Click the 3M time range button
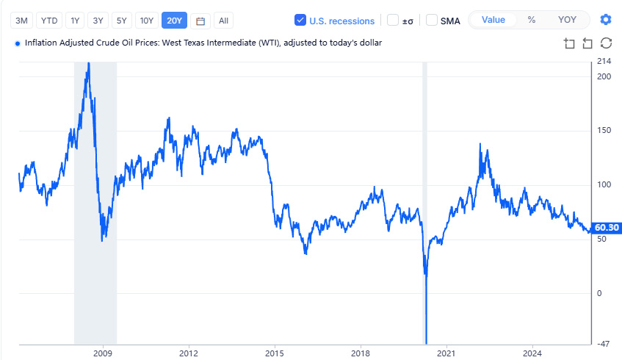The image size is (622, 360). click(x=22, y=21)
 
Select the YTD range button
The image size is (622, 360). click(x=49, y=21)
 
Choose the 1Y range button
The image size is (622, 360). click(x=75, y=21)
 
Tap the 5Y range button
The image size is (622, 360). click(x=122, y=21)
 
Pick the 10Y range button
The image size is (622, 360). click(x=147, y=21)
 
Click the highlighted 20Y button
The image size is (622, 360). click(x=175, y=21)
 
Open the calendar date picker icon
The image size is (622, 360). click(x=200, y=21)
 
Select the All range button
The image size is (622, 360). click(x=223, y=21)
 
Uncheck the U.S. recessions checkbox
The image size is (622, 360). click(x=300, y=21)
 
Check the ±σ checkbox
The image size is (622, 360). click(x=393, y=21)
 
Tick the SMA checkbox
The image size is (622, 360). click(x=432, y=21)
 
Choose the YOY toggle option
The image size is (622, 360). click(x=567, y=20)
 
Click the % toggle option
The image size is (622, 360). click(x=532, y=20)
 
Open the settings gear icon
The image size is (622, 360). click(x=605, y=20)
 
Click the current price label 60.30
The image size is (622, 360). click(x=607, y=228)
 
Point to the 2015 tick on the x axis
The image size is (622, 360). click(x=275, y=352)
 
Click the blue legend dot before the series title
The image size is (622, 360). click(x=18, y=43)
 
